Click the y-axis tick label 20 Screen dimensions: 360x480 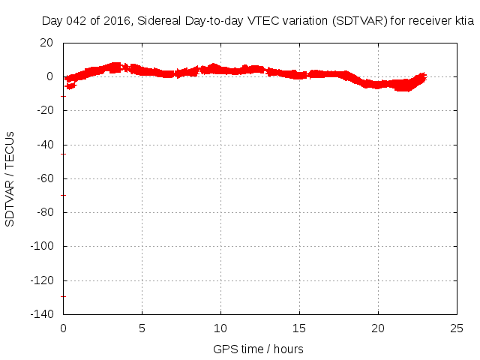pos(46,43)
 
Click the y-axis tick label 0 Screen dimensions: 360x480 pos(49,76)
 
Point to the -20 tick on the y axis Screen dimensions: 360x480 pos(44,110)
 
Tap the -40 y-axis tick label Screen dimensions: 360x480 pos(44,145)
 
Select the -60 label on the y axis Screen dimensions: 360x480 pos(44,178)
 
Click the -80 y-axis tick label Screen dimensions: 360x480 pos(44,212)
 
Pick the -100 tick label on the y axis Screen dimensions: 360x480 pos(41,246)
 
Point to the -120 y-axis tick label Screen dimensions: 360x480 pos(41,280)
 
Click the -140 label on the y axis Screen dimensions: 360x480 pos(41,314)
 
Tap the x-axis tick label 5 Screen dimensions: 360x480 pos(142,328)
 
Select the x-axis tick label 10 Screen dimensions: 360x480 pos(220,328)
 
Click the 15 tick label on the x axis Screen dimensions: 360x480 pos(299,328)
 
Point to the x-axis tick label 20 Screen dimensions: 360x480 pos(378,328)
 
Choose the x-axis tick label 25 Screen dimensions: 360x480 pos(457,328)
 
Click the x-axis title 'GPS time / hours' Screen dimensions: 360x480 pos(258,349)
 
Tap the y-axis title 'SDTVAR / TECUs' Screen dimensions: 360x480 pos(10,178)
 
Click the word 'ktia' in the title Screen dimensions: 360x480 pos(464,22)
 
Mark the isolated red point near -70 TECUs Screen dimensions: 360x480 pos(64,195)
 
